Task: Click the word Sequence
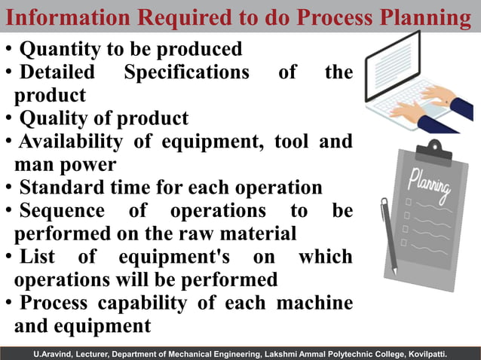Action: (x=60, y=210)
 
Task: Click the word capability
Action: (x=143, y=303)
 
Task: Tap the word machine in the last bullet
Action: (x=314, y=303)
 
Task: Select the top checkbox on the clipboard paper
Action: (x=408, y=203)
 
